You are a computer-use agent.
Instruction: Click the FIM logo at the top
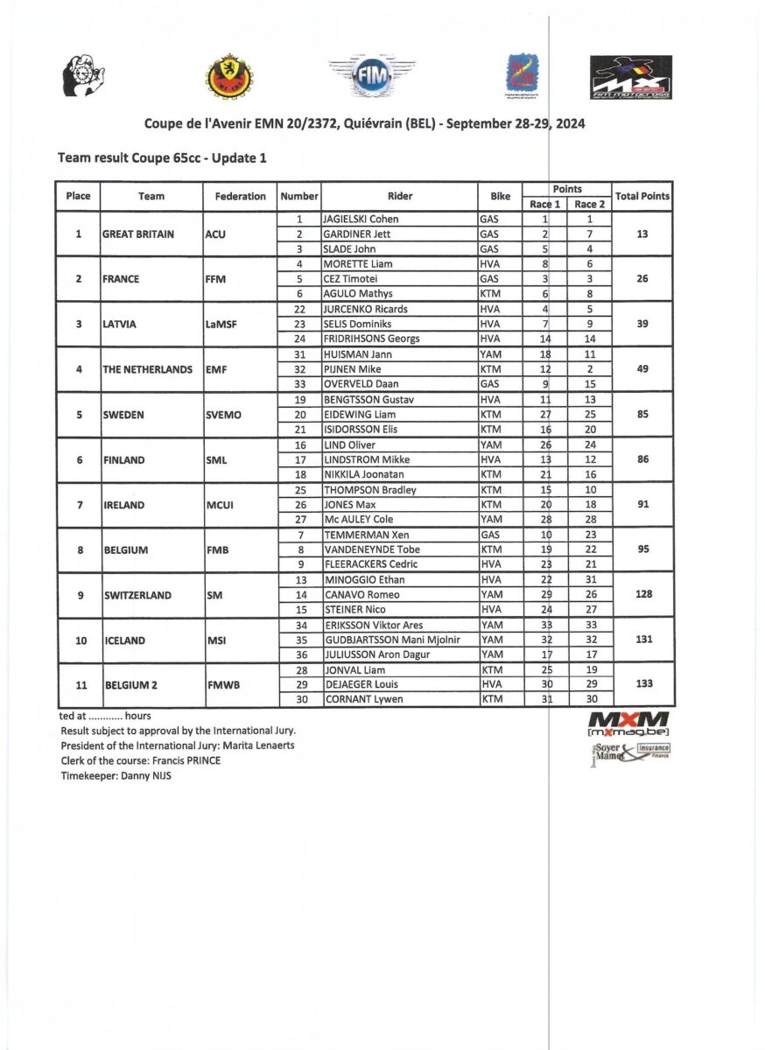coord(371,75)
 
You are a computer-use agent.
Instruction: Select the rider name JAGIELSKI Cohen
coord(360,219)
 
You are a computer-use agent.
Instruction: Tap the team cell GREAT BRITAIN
coord(138,234)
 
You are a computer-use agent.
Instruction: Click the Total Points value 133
coord(643,683)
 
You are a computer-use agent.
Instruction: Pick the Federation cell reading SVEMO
coord(227,415)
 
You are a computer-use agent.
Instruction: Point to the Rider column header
coord(400,196)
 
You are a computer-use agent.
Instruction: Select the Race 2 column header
coord(589,204)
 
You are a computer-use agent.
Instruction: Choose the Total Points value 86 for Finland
coord(643,459)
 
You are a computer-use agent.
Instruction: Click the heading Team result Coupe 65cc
coord(162,157)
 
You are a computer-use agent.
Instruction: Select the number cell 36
coord(299,654)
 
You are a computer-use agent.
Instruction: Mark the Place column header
coord(78,196)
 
